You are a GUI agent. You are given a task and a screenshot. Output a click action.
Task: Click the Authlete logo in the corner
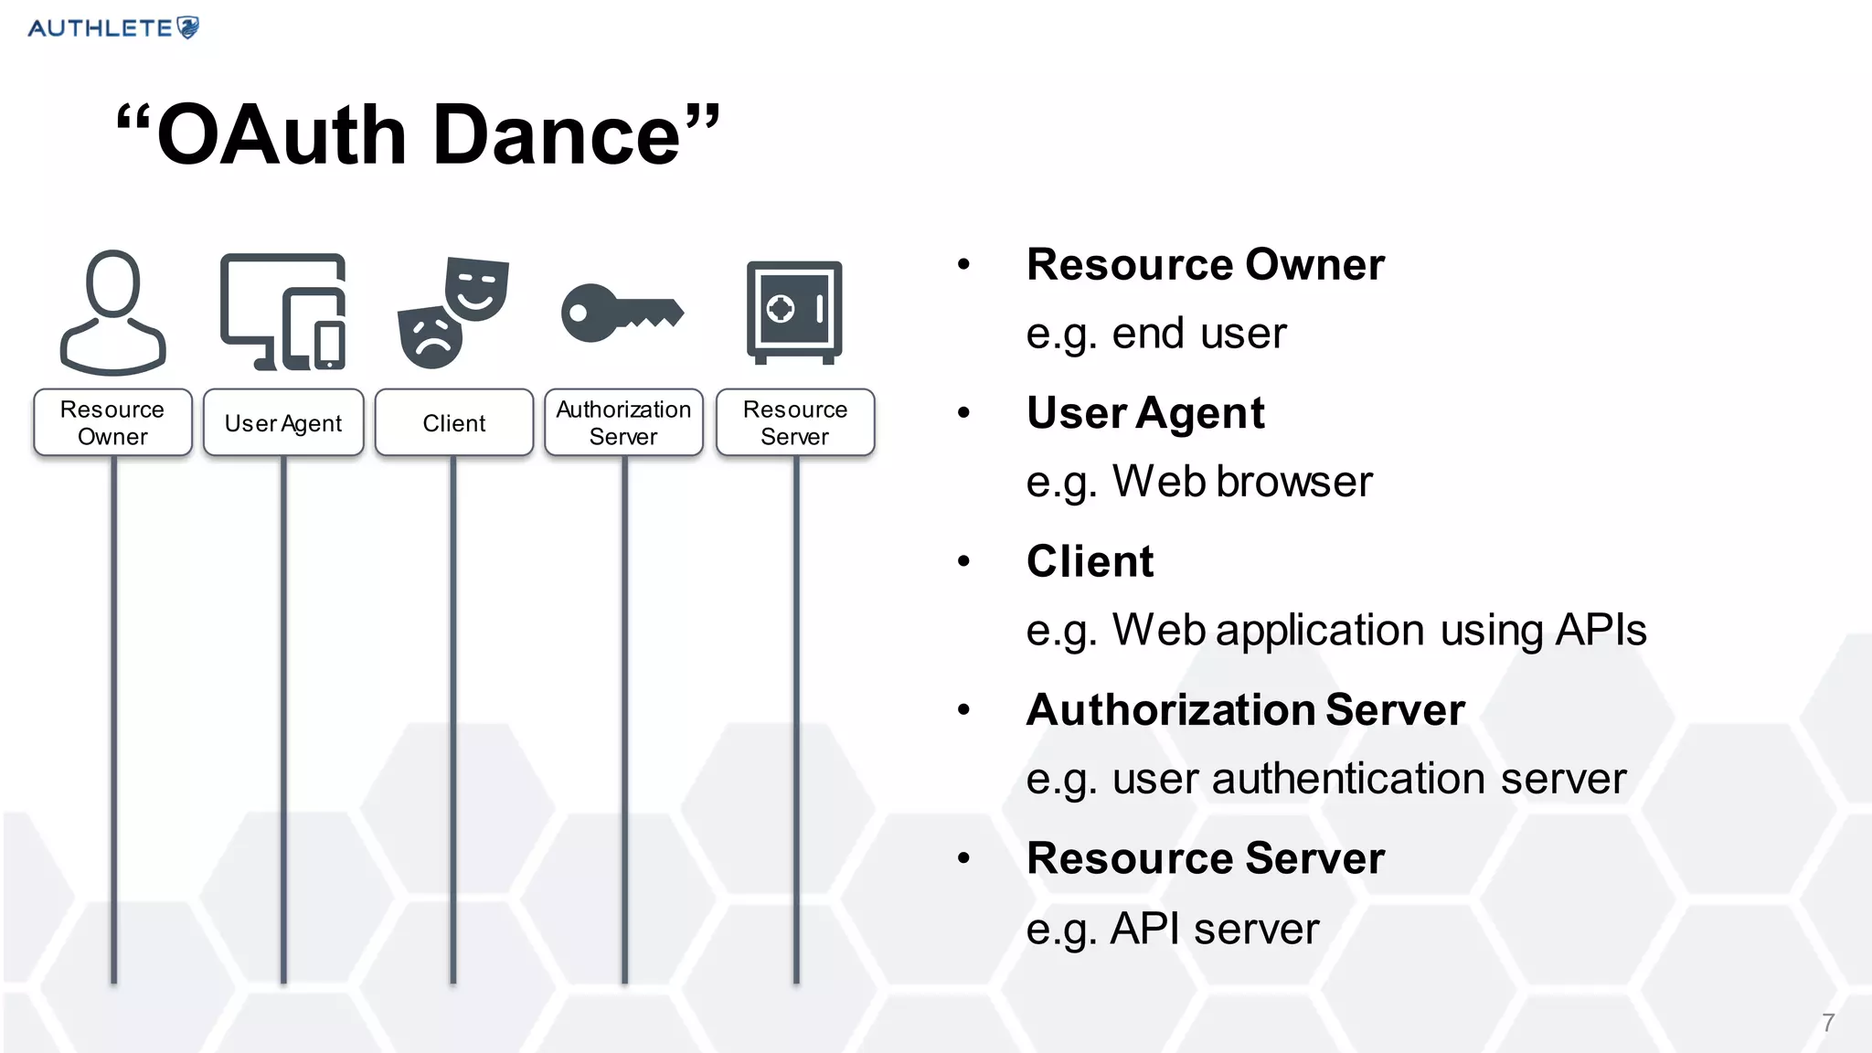tap(113, 27)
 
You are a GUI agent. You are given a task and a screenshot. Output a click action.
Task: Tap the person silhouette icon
tap(113, 313)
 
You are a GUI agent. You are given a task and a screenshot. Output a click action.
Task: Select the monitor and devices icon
tap(282, 312)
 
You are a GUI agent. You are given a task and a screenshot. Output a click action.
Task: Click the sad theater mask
tap(431, 337)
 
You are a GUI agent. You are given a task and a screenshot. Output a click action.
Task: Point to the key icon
tap(622, 313)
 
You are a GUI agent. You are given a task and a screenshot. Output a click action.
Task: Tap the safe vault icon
tap(794, 312)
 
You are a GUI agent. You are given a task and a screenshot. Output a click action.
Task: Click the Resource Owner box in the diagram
tap(112, 422)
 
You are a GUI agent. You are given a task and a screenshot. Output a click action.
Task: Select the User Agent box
tap(283, 422)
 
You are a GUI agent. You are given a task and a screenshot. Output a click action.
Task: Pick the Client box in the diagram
tap(454, 422)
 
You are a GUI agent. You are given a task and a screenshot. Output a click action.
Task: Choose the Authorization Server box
tap(623, 422)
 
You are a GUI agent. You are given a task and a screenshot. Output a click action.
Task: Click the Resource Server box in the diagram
tap(795, 422)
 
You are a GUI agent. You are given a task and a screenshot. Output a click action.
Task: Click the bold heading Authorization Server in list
tap(1245, 710)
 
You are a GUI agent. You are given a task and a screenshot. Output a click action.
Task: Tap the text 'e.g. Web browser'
tap(1198, 482)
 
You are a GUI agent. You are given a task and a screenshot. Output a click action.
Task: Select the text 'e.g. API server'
tap(1173, 929)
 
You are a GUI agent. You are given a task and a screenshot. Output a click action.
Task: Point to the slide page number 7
tap(1827, 1023)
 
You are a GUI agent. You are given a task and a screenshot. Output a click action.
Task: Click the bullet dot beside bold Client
tap(963, 561)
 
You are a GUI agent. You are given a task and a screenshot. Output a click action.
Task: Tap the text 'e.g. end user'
tap(1155, 334)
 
